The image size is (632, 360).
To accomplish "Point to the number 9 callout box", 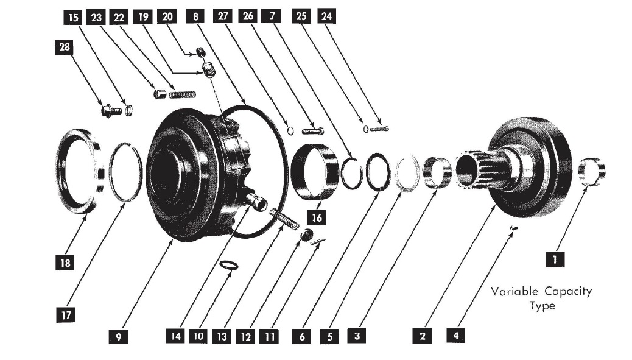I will [119, 336].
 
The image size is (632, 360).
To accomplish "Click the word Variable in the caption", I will [513, 291].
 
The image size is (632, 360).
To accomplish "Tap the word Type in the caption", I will [541, 305].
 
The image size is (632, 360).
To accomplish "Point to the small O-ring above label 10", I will [228, 265].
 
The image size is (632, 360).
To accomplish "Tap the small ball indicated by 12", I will [307, 235].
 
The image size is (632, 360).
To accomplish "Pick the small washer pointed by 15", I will [129, 110].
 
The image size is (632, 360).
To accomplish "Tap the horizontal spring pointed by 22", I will [182, 94].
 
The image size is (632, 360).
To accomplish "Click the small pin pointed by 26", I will [312, 130].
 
